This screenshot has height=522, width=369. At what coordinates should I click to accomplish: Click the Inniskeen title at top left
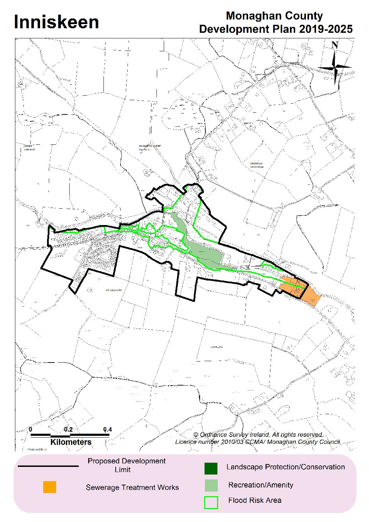(56, 22)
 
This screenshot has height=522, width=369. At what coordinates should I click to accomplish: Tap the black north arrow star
(335, 67)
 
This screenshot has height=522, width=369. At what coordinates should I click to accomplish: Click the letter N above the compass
(335, 45)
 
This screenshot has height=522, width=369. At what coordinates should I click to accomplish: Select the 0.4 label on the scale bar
(107, 430)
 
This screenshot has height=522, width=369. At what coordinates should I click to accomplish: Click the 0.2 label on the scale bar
(68, 430)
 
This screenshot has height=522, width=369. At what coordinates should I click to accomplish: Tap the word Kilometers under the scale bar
(71, 442)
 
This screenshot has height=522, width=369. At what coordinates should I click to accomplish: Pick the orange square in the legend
(49, 487)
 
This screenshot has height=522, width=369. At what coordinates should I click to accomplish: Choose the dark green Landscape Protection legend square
(211, 468)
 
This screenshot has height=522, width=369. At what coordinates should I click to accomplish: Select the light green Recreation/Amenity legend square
(211, 485)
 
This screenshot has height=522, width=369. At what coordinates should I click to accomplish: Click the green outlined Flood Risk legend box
(211, 502)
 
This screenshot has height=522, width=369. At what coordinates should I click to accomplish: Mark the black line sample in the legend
(48, 466)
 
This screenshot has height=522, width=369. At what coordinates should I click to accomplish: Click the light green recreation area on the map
(206, 255)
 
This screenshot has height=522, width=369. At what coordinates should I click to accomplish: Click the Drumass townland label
(256, 163)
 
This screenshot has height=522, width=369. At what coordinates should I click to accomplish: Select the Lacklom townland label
(216, 347)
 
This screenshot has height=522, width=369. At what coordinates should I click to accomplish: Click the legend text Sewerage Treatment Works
(132, 487)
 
